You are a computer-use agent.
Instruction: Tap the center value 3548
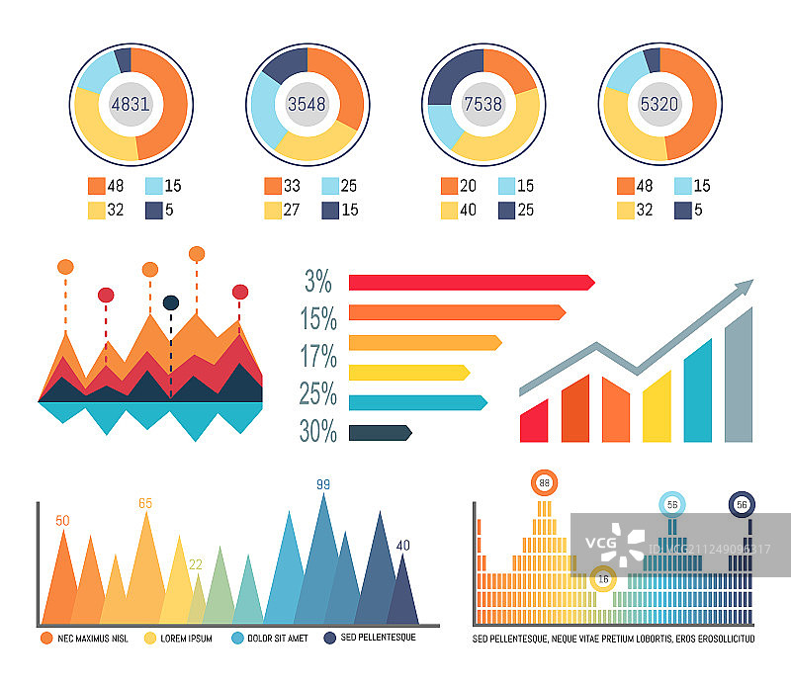coord(307,103)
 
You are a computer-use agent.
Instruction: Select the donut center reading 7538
coord(483,103)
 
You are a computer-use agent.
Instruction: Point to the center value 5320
coord(660,103)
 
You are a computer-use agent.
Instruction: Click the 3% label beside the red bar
coord(318,282)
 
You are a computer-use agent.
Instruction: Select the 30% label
coord(318,432)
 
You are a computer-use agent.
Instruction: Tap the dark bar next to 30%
coord(380,432)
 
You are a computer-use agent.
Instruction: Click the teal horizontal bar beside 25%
coord(417,402)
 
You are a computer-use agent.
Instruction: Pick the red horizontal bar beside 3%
coord(471,283)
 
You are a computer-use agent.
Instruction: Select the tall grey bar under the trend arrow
coord(738,376)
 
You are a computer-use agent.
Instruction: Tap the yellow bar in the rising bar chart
coord(657,407)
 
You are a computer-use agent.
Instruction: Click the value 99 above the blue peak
coord(322,484)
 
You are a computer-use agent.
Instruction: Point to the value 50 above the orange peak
coord(62,521)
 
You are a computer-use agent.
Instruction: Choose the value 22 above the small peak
coord(196,564)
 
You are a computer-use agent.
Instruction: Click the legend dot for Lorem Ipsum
coord(151,639)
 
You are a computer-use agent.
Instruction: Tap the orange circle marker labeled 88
coord(543,483)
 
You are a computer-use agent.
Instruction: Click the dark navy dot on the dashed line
coord(171,302)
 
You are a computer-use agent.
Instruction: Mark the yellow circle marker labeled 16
coord(603,578)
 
